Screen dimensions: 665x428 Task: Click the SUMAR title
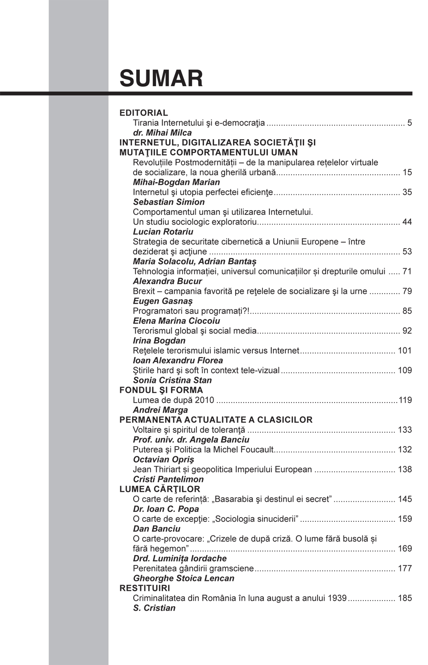click(x=161, y=78)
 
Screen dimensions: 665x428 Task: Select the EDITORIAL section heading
click(x=143, y=113)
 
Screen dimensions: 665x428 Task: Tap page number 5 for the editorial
click(x=409, y=123)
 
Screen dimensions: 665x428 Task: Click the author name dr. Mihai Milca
click(x=162, y=133)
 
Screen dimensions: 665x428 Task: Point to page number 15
click(x=407, y=172)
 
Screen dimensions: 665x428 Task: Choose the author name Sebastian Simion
click(x=169, y=202)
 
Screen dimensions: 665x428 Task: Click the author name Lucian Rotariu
click(x=163, y=232)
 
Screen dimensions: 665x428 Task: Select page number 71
click(x=407, y=271)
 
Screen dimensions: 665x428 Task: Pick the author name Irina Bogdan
click(x=159, y=341)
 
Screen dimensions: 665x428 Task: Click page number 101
click(x=404, y=351)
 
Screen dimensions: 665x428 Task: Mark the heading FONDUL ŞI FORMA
click(x=161, y=390)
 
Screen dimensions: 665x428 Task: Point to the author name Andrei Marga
click(x=160, y=410)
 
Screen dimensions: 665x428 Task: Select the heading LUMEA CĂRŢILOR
click(x=160, y=489)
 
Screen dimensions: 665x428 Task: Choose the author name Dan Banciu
click(x=157, y=529)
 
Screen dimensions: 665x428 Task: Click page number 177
click(x=404, y=569)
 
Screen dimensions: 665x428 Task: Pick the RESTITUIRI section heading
click(x=145, y=588)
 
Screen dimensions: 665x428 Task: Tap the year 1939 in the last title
click(x=337, y=598)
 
